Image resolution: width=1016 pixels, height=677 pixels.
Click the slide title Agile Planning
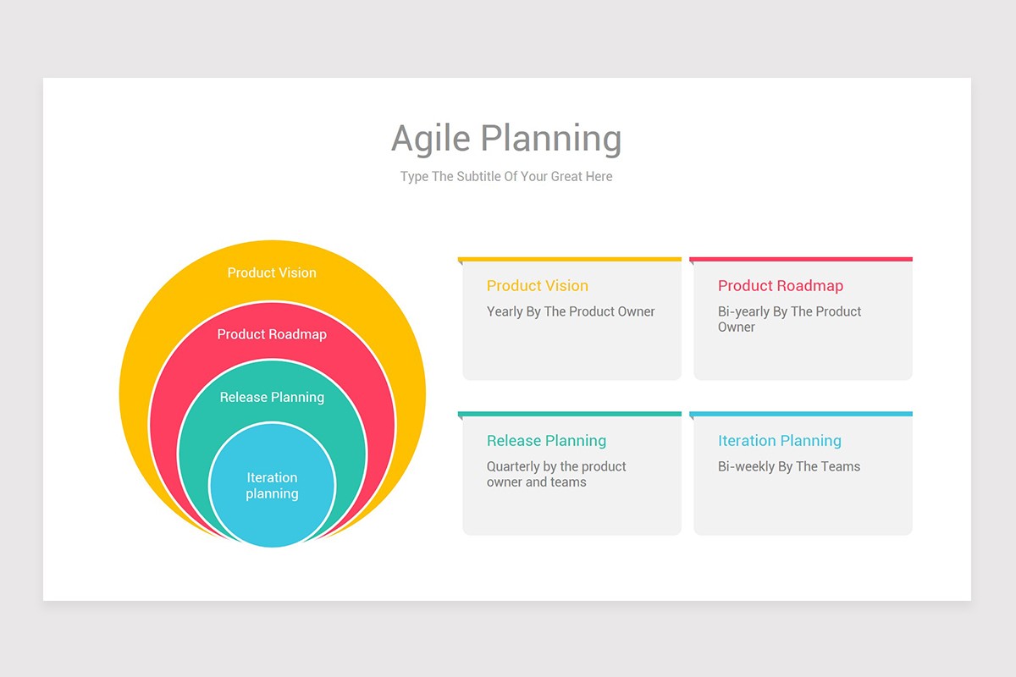(506, 139)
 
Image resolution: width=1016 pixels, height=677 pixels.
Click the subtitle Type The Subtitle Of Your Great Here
(506, 177)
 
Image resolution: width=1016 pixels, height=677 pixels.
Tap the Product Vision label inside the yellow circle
(272, 272)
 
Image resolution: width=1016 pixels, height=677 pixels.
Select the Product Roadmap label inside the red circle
(272, 334)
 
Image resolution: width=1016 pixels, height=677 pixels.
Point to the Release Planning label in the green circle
(272, 397)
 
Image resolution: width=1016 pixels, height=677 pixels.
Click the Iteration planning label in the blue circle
(272, 486)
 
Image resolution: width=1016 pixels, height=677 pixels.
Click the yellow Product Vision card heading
(537, 286)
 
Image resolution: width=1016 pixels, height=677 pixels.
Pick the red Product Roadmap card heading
(780, 286)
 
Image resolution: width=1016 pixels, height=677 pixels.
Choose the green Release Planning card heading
(546, 441)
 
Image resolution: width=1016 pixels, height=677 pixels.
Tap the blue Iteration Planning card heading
(779, 441)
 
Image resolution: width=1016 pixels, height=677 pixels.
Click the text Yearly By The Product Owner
(571, 311)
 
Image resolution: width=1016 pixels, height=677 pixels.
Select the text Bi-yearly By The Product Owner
(789, 319)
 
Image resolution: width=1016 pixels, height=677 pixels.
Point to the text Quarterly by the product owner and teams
(555, 474)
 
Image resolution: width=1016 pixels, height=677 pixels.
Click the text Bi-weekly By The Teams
(788, 466)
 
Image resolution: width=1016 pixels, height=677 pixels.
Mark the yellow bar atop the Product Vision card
(569, 259)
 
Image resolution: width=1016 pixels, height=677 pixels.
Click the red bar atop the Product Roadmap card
(801, 259)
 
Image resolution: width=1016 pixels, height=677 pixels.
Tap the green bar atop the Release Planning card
(569, 414)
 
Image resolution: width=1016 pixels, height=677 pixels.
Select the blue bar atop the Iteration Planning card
(801, 414)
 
